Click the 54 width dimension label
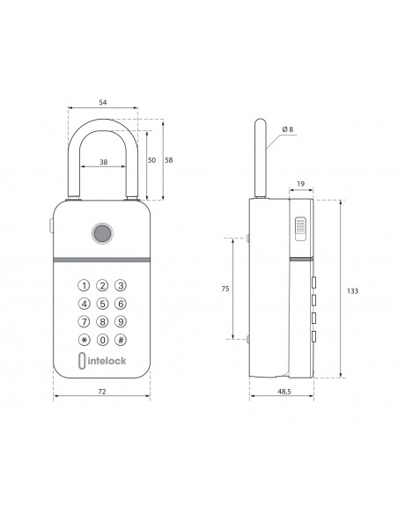[103, 102]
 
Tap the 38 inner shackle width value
[103, 162]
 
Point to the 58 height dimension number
[168, 160]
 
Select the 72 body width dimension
[102, 392]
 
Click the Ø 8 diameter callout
[288, 129]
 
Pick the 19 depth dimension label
[300, 184]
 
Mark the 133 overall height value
[352, 291]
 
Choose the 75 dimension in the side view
[225, 289]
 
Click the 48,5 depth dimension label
[284, 392]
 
